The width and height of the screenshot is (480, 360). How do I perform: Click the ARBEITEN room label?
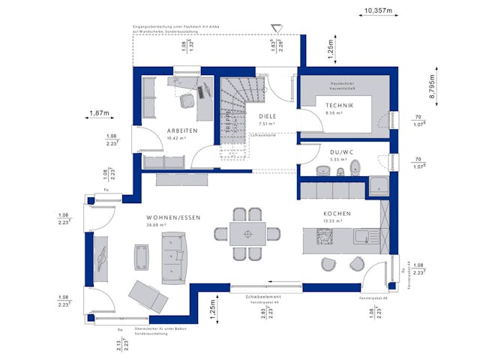(182, 130)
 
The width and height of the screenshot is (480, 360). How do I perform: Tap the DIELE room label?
(268, 117)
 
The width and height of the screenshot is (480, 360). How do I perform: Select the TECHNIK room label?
(339, 107)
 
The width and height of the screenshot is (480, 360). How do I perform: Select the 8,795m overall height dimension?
(432, 87)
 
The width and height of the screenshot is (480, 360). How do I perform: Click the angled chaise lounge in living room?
(147, 295)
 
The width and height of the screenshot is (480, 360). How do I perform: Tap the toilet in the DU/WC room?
(355, 167)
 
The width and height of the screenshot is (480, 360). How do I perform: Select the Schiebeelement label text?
(262, 297)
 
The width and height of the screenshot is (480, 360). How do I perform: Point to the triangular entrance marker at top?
(277, 29)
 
